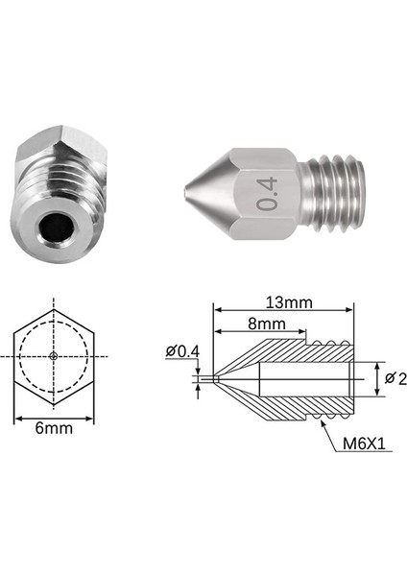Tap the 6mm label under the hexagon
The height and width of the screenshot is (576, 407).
[x=54, y=429]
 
